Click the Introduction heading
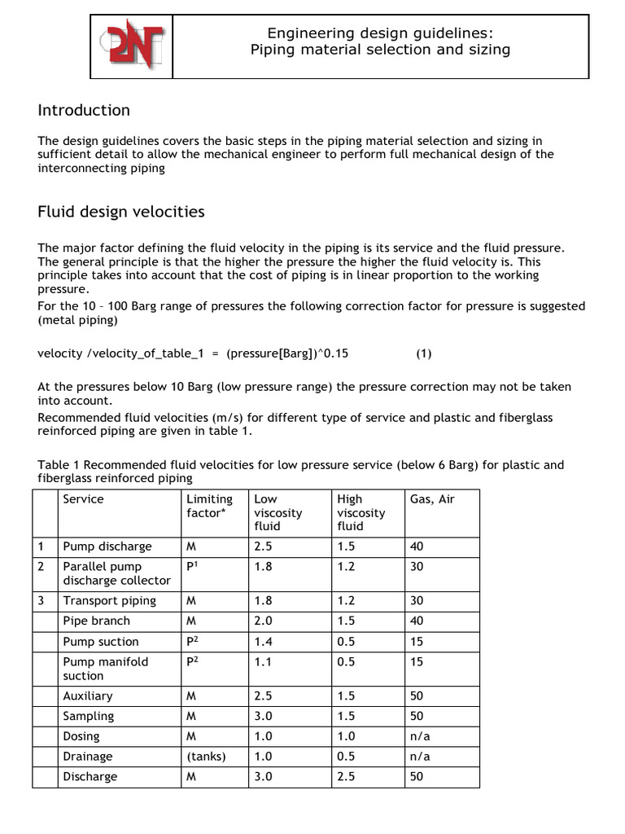click(84, 110)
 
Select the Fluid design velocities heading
click(121, 213)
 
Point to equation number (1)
click(424, 353)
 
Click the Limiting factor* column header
click(209, 506)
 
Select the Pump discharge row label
click(107, 546)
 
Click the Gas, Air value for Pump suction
click(417, 642)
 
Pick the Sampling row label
click(89, 716)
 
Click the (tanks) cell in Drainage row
click(206, 757)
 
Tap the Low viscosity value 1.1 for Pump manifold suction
click(263, 662)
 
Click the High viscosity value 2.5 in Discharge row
click(346, 777)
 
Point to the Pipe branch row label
click(96, 621)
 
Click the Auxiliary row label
click(88, 696)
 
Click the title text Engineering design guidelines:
click(380, 33)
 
